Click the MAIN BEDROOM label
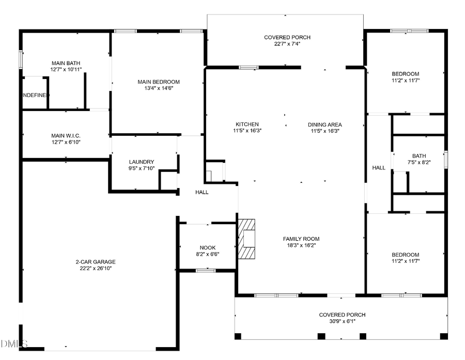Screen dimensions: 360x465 coord(159,82)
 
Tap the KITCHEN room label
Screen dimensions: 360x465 coord(247,124)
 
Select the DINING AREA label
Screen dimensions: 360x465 coord(324,124)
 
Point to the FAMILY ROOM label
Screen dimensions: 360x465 coord(301,239)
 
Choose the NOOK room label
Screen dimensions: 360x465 coord(208,247)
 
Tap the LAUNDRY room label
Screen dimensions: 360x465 coord(142,162)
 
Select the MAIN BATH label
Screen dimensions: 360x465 coord(65,62)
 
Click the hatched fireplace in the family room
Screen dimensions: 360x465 coord(247,239)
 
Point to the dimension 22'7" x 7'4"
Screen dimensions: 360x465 coord(287,44)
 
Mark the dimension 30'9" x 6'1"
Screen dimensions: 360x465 coord(342,321)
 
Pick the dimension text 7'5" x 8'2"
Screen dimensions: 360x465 coord(419,163)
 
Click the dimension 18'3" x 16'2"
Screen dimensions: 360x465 coord(301,246)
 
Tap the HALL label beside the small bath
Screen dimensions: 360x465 coord(379,168)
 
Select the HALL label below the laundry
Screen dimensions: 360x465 coord(202,192)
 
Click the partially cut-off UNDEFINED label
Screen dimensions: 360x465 coord(35,96)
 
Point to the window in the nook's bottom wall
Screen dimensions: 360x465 coord(206,270)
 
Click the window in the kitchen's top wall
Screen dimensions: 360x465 coord(249,67)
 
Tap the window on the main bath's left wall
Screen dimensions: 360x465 coord(21,59)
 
